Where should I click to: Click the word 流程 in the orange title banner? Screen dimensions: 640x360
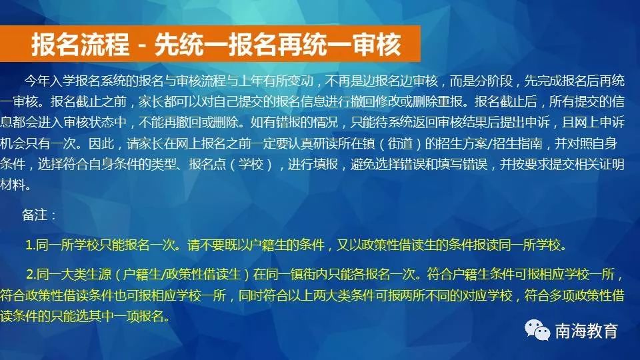tap(104, 44)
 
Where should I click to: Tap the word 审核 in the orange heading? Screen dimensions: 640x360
tap(377, 44)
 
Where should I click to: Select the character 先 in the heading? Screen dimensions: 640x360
tap(167, 44)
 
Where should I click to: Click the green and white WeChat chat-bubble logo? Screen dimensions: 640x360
tap(537, 330)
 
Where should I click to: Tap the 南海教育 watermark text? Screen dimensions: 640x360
tap(586, 331)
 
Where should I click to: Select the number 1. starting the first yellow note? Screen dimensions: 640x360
tap(30, 245)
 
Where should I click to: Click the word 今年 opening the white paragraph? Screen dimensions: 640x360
tap(37, 81)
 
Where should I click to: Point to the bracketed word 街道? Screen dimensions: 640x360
tap(400, 143)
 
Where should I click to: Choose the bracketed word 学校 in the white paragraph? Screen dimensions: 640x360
tap(251, 164)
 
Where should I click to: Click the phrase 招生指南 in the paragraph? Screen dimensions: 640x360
tap(517, 143)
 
